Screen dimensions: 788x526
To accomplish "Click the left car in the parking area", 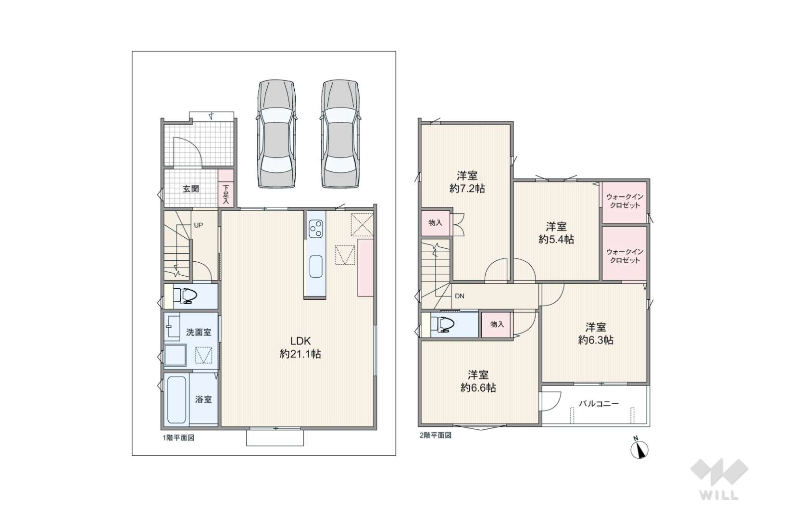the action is (x=276, y=134).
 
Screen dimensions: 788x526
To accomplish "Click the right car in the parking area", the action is (x=340, y=134).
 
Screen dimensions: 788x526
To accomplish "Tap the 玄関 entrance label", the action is (x=191, y=189).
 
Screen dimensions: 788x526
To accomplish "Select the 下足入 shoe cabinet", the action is (x=226, y=188).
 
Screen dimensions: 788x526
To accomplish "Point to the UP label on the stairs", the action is (x=199, y=225).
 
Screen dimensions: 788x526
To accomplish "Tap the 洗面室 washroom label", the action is (x=199, y=332).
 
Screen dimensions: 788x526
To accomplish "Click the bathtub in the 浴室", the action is (x=176, y=399).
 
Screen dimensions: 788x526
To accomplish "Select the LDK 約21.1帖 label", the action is (x=300, y=347).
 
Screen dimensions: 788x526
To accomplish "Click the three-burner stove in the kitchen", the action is (x=316, y=229).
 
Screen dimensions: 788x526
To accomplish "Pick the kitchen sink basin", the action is (x=316, y=267).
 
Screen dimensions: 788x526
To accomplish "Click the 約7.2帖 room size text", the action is (x=467, y=189).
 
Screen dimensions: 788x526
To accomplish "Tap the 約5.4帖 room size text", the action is (x=556, y=239).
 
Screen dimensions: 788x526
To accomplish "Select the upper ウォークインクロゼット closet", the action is (x=625, y=202).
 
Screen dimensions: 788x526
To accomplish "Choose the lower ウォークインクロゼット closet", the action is (x=625, y=254).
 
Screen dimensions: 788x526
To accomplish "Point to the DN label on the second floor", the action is (x=460, y=296).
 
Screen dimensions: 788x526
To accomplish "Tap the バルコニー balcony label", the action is (x=599, y=403).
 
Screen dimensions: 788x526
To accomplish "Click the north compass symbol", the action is (x=639, y=449).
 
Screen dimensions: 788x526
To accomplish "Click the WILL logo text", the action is (x=719, y=495).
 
